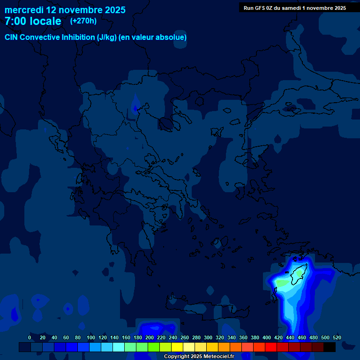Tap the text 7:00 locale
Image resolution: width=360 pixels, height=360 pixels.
pyautogui.click(x=33, y=22)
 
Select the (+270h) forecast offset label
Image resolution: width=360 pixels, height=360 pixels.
pyautogui.click(x=83, y=21)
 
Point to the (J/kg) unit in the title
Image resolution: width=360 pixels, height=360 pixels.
pyautogui.click(x=106, y=37)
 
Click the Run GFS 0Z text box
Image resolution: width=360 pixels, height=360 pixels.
pyautogui.click(x=295, y=8)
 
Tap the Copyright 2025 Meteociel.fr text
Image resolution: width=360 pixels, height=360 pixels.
pyautogui.click(x=199, y=356)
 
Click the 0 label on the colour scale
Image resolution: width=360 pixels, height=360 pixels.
pyautogui.click(x=30, y=337)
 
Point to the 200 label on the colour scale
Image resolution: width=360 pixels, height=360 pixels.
pyautogui.click(x=150, y=337)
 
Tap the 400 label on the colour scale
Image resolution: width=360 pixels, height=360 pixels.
pyautogui.click(x=267, y=337)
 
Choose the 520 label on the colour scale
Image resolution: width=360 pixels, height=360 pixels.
pyautogui.click(x=337, y=337)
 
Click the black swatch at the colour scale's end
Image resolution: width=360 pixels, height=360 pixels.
pyautogui.click(x=330, y=347)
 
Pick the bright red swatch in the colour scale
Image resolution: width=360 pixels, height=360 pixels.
pyautogui.click(x=271, y=347)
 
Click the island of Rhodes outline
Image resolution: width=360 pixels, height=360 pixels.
pyautogui.click(x=298, y=274)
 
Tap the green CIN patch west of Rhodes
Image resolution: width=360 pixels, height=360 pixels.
pyautogui.click(x=282, y=283)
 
